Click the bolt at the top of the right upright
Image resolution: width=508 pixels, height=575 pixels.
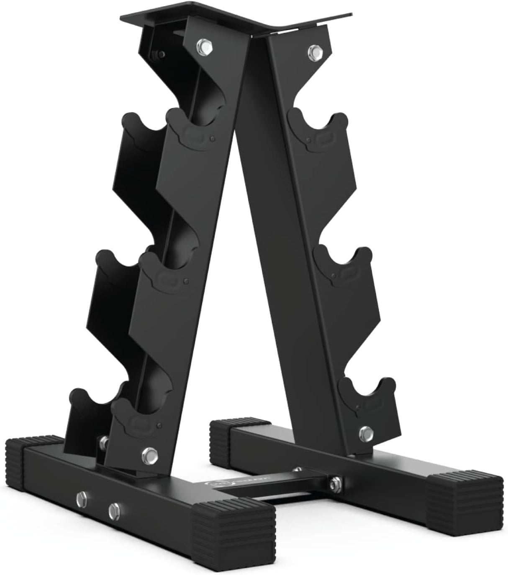pos(314,52)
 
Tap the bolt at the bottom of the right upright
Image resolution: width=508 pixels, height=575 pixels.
pos(366,432)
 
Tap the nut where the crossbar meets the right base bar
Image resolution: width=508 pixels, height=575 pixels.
pos(334,483)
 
